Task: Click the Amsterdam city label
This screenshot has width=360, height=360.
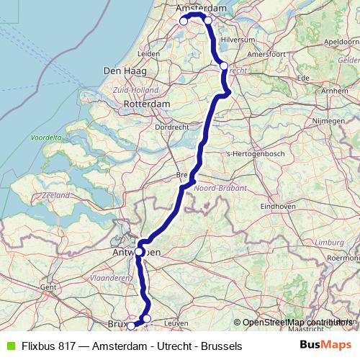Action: tap(201, 8)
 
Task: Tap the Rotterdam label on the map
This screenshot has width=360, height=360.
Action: tap(147, 104)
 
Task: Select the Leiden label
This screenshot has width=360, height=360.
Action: tap(148, 54)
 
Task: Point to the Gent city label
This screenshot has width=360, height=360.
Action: tap(48, 287)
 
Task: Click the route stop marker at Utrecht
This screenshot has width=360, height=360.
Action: tap(224, 66)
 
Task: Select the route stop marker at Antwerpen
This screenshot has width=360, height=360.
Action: tap(139, 252)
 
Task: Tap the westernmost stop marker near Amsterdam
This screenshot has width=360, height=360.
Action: tap(184, 22)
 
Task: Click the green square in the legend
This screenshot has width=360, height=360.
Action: tap(9, 346)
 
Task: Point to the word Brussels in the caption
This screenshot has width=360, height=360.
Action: tap(222, 346)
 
